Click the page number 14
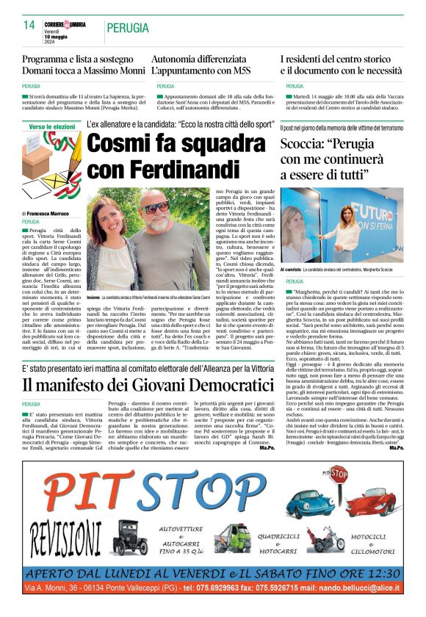point(29,25)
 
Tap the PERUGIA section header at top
point(128,28)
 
